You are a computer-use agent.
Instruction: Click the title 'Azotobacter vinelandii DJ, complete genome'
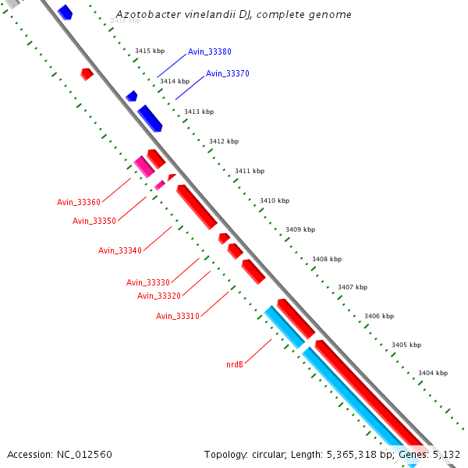coord(233,15)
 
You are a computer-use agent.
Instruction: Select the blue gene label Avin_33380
coord(209,51)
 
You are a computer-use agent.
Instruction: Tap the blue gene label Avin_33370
coord(228,73)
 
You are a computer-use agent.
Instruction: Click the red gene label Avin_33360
coord(79,202)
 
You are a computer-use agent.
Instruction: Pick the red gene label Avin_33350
coord(94,221)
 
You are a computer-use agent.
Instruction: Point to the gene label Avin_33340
coord(120,250)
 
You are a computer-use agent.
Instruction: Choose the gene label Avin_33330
coord(148,282)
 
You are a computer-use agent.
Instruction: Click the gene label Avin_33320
coord(159,296)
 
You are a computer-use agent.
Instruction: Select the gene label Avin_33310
coord(178,316)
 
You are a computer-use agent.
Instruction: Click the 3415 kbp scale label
coord(150,51)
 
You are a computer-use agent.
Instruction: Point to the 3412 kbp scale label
coord(224,141)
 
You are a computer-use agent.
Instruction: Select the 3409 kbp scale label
coord(300,229)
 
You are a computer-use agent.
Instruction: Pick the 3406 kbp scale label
coord(379,316)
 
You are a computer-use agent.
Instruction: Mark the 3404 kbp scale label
coord(433,373)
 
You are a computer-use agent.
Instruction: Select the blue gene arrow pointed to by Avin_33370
coord(150,119)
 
